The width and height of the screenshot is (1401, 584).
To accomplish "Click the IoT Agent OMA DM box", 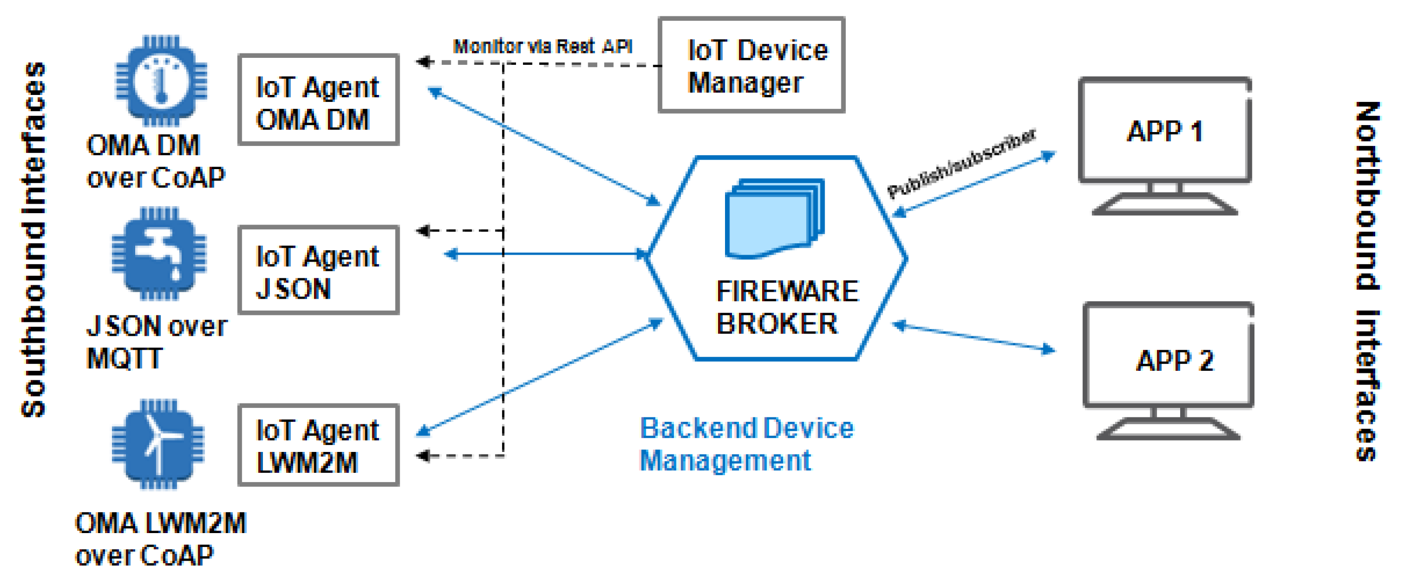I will [318, 99].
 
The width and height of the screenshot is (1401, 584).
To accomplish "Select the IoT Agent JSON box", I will [318, 270].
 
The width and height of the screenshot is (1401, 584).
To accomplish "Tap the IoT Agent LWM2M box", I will [318, 445].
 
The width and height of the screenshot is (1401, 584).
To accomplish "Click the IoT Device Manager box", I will [751, 65].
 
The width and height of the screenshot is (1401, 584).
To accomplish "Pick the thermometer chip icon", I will [161, 82].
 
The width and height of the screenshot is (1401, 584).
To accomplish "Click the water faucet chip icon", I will [159, 254].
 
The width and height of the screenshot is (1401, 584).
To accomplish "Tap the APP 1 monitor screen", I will [1164, 131].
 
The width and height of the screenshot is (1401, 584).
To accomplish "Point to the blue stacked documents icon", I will [774, 219].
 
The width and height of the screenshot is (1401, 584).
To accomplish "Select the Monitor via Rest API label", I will [542, 46].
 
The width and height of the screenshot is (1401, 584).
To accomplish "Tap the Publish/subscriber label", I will [961, 164].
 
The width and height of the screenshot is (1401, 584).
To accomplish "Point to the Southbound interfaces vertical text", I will [34, 239].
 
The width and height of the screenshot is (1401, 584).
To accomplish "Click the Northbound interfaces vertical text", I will [1366, 280].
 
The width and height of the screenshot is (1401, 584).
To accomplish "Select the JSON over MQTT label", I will [156, 342].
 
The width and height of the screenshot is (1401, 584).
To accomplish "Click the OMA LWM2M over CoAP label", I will [160, 539].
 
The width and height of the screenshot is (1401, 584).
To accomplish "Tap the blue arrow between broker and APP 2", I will [974, 338].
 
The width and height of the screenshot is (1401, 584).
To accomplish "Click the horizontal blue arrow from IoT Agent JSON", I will [544, 254].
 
